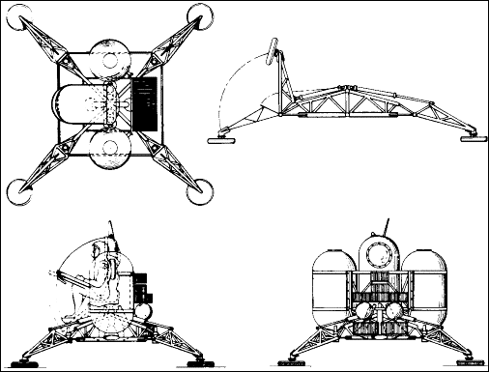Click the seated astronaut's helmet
[x=99, y=258]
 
